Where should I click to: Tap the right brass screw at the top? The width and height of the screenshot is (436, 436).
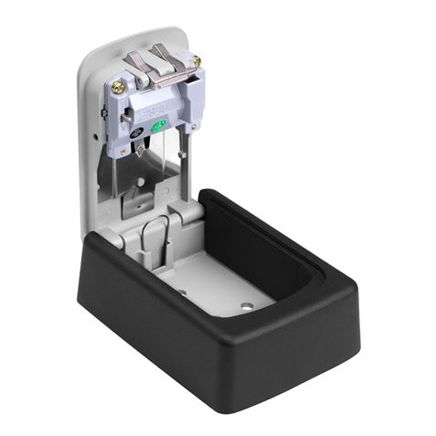pos(197,61)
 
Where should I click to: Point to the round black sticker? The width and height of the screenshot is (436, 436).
pos(136,133)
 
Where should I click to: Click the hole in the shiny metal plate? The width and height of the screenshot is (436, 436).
pos(141,181)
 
